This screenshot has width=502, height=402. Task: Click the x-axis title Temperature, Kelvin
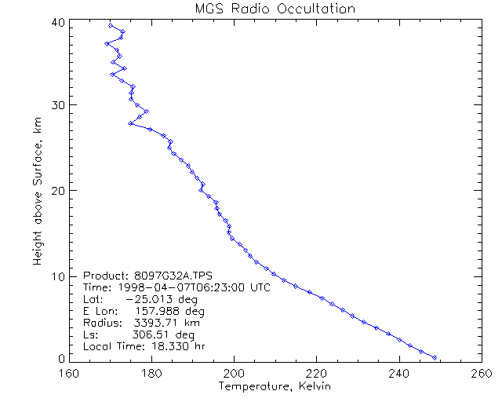tap(275, 387)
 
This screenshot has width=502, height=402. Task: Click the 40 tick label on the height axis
tap(57, 23)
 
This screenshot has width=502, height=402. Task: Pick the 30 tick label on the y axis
tap(57, 105)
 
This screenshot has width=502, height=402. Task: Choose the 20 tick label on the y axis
tap(57, 191)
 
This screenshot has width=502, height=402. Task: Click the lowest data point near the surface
tap(435, 357)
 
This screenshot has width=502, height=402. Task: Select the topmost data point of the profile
tap(111, 25)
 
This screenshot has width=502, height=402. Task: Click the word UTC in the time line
tap(260, 288)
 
